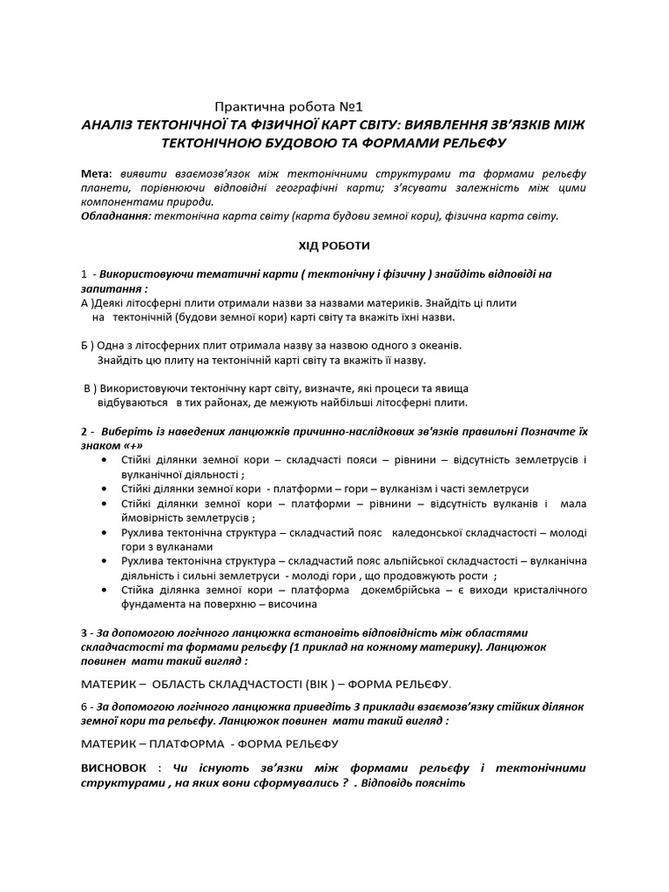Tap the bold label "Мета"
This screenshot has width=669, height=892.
point(95,172)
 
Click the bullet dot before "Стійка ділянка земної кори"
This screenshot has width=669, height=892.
point(105,590)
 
